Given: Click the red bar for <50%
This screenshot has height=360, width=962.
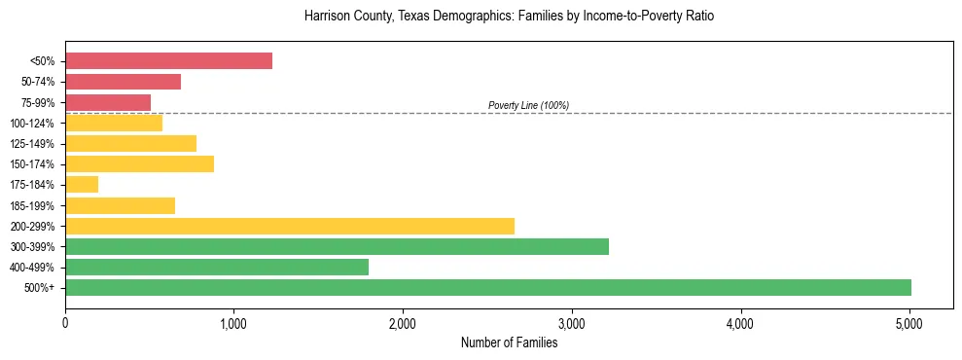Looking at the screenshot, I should click(168, 61).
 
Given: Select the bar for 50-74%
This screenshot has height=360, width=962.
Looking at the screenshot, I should click(123, 82).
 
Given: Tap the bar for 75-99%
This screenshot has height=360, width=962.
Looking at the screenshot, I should click(108, 102).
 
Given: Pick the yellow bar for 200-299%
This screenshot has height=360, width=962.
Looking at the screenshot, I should click(290, 226).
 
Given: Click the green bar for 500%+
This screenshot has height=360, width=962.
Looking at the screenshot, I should click(488, 287).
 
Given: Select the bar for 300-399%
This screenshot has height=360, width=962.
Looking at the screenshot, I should click(337, 246).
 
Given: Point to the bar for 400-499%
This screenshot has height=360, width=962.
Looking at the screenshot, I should click(217, 267).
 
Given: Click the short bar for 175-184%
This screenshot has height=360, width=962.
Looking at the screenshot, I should click(82, 185).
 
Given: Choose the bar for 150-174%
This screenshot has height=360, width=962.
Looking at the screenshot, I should click(139, 164).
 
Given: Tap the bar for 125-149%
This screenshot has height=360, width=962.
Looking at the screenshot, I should click(130, 144).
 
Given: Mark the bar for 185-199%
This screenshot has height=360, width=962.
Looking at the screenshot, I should click(120, 205).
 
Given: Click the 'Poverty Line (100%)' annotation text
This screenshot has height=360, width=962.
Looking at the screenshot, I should click(528, 105).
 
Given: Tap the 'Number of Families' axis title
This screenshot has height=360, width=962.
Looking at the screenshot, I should click(509, 342).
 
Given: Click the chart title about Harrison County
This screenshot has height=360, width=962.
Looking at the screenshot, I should click(509, 17).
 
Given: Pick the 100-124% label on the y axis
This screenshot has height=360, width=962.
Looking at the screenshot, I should click(33, 124).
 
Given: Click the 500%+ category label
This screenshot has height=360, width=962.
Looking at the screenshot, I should click(40, 288).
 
